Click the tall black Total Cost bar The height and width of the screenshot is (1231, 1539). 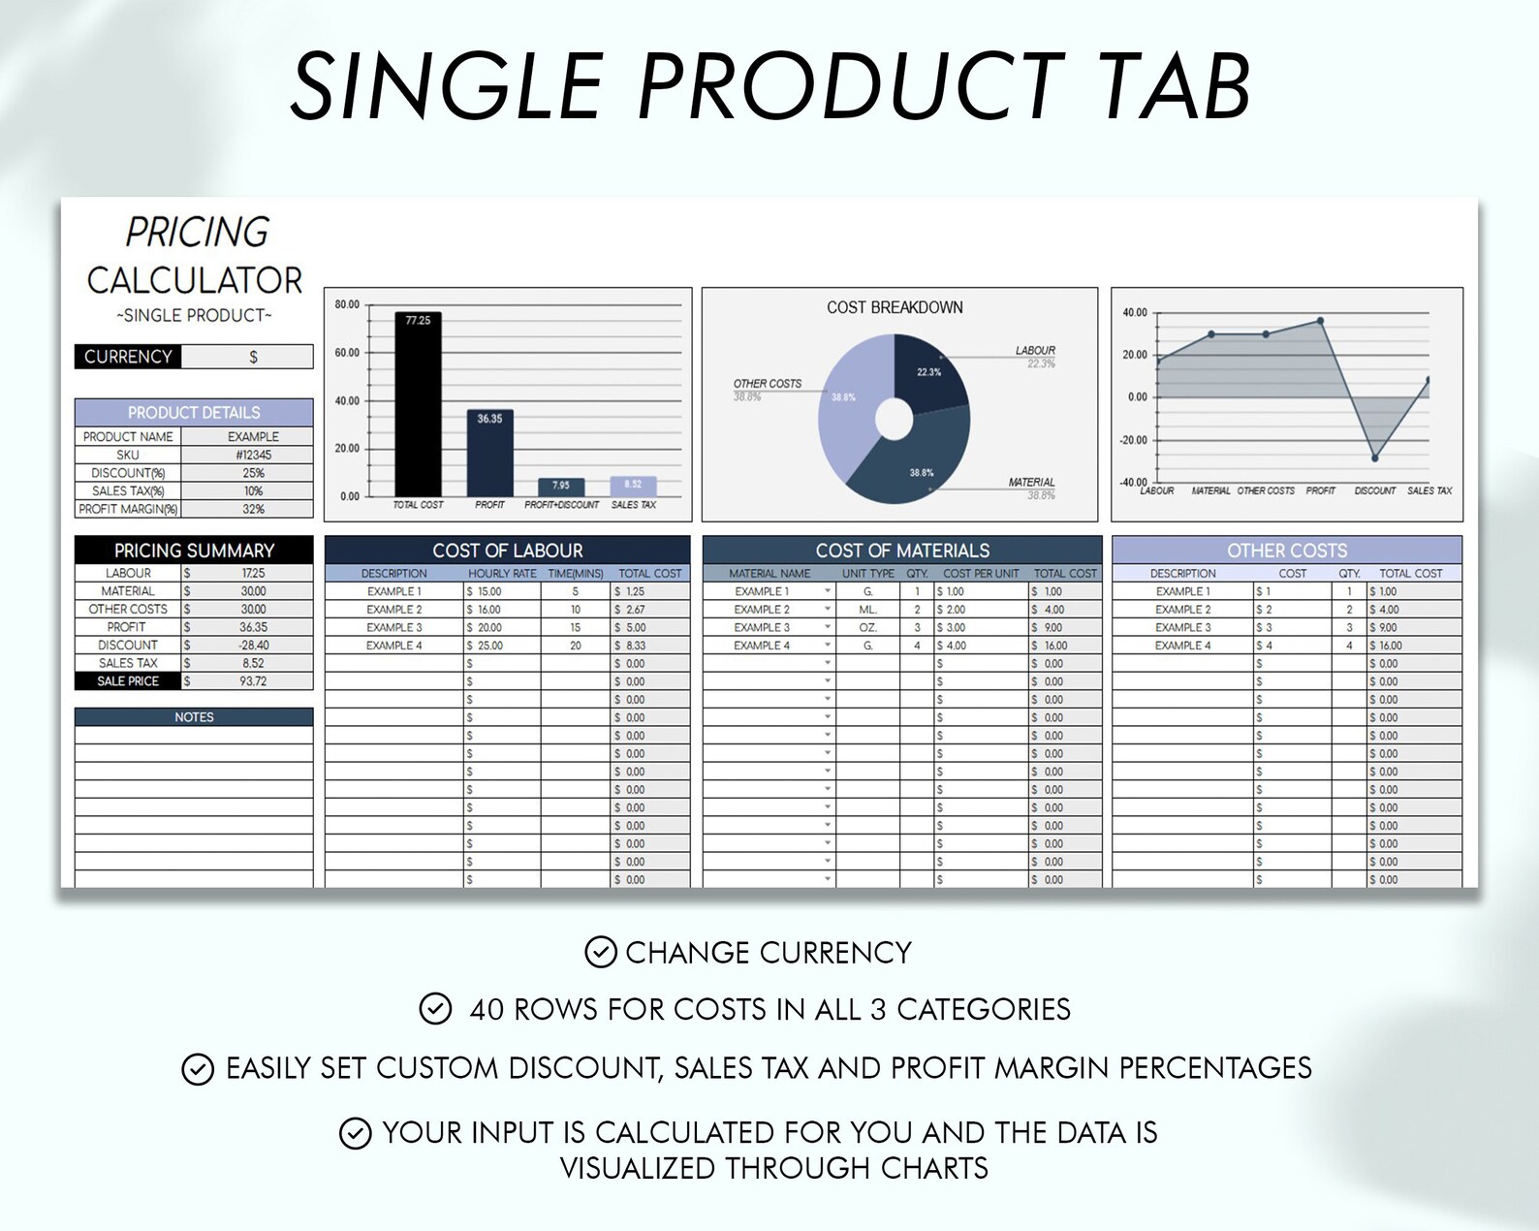(x=418, y=407)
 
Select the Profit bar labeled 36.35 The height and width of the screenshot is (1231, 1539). (x=489, y=456)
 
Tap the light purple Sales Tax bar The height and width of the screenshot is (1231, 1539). (x=633, y=487)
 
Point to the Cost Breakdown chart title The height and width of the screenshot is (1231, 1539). (x=895, y=307)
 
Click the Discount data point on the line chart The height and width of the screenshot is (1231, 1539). (x=1374, y=458)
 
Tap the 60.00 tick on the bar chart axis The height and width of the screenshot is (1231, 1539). (x=347, y=353)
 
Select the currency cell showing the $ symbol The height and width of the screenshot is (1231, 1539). (x=252, y=357)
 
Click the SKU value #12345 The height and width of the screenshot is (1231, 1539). (x=253, y=455)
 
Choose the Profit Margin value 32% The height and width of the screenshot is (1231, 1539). (x=253, y=509)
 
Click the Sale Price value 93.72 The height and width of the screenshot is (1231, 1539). (x=253, y=681)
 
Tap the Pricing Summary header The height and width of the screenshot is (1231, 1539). (x=194, y=550)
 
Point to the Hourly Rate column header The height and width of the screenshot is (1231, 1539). (x=502, y=574)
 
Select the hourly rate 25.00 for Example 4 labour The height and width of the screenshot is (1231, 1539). (x=489, y=646)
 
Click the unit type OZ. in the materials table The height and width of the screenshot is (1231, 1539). (x=867, y=627)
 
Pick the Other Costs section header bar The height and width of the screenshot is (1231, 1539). (x=1286, y=550)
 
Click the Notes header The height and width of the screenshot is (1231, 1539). (x=194, y=717)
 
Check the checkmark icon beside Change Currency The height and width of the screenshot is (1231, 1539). (x=601, y=952)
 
